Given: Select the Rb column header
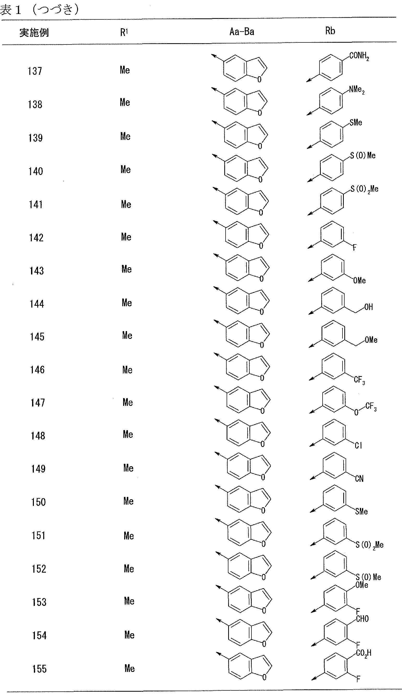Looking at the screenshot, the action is (330, 31).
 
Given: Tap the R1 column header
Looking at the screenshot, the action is (124, 33).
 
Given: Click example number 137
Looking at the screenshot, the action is (35, 71).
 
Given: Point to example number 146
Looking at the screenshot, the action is (37, 370).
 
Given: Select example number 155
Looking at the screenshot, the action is (39, 669).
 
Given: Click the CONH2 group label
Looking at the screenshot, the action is (359, 56).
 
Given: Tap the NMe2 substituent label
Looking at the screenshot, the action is (357, 90).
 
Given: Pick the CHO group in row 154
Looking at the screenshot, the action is (362, 619).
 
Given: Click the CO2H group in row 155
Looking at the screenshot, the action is (364, 653).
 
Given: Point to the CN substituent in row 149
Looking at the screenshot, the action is (359, 479).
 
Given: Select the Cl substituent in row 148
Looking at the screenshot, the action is (358, 445).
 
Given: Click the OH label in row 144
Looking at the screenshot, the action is (369, 307).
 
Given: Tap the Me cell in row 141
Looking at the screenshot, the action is (126, 204).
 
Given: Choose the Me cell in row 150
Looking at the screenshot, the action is (128, 501).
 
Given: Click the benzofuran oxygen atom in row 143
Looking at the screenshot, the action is (262, 279).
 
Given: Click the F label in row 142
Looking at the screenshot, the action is (354, 247).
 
